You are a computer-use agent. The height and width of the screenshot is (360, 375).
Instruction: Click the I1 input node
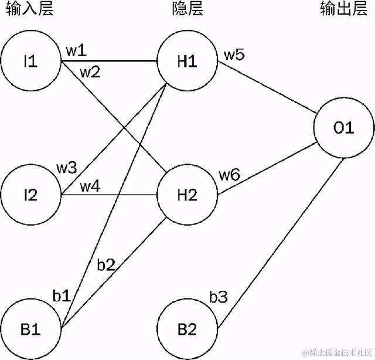pos(30,61)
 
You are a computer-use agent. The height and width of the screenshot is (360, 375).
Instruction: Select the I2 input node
pos(30,194)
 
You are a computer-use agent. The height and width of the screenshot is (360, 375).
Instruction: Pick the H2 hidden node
pos(186,194)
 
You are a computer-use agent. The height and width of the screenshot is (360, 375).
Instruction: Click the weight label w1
pos(76,50)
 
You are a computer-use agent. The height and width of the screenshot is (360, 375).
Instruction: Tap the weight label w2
pos(89,73)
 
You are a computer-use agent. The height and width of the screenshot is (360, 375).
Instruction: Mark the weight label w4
pos(90,186)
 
